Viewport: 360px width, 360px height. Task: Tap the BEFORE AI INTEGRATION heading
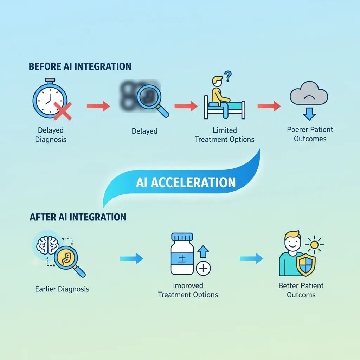[80, 66]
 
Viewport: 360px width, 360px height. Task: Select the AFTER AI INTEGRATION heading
[78, 217]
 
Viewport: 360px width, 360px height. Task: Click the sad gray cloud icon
[309, 94]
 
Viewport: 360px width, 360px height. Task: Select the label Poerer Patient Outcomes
[310, 134]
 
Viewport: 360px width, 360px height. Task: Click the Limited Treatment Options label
[224, 135]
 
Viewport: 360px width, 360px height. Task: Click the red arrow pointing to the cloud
[269, 105]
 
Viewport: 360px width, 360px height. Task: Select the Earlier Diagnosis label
[62, 289]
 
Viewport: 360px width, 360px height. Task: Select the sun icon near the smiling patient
[314, 245]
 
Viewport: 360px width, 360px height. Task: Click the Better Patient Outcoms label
[301, 290]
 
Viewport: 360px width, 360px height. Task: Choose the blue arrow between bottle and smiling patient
[251, 258]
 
